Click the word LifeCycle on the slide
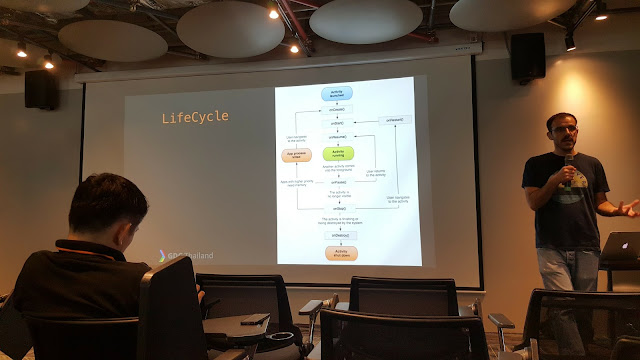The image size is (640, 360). (195, 118)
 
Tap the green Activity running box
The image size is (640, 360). (337, 153)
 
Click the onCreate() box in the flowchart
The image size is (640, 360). (337, 108)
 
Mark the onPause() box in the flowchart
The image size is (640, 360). (337, 182)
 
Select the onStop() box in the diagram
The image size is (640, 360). (337, 209)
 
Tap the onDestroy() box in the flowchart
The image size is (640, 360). (337, 233)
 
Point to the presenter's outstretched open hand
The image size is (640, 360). (627, 208)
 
